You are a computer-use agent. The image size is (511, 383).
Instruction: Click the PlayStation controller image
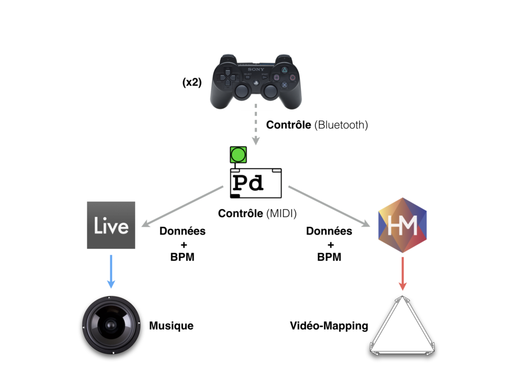point(255,82)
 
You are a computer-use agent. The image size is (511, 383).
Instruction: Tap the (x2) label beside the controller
point(192,83)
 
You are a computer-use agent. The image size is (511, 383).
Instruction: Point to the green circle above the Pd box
point(238,154)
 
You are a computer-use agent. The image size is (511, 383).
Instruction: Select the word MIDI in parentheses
point(281,213)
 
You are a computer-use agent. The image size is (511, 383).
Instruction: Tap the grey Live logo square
point(111,225)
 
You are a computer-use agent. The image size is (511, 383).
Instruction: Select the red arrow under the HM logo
point(402,273)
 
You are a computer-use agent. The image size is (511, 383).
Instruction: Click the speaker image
point(109,325)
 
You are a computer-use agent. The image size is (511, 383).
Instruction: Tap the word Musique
point(171,326)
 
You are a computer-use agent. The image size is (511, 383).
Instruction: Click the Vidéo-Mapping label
point(329,326)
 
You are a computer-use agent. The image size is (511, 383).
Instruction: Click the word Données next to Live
point(182,231)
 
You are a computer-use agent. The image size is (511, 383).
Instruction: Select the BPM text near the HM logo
point(329,257)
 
